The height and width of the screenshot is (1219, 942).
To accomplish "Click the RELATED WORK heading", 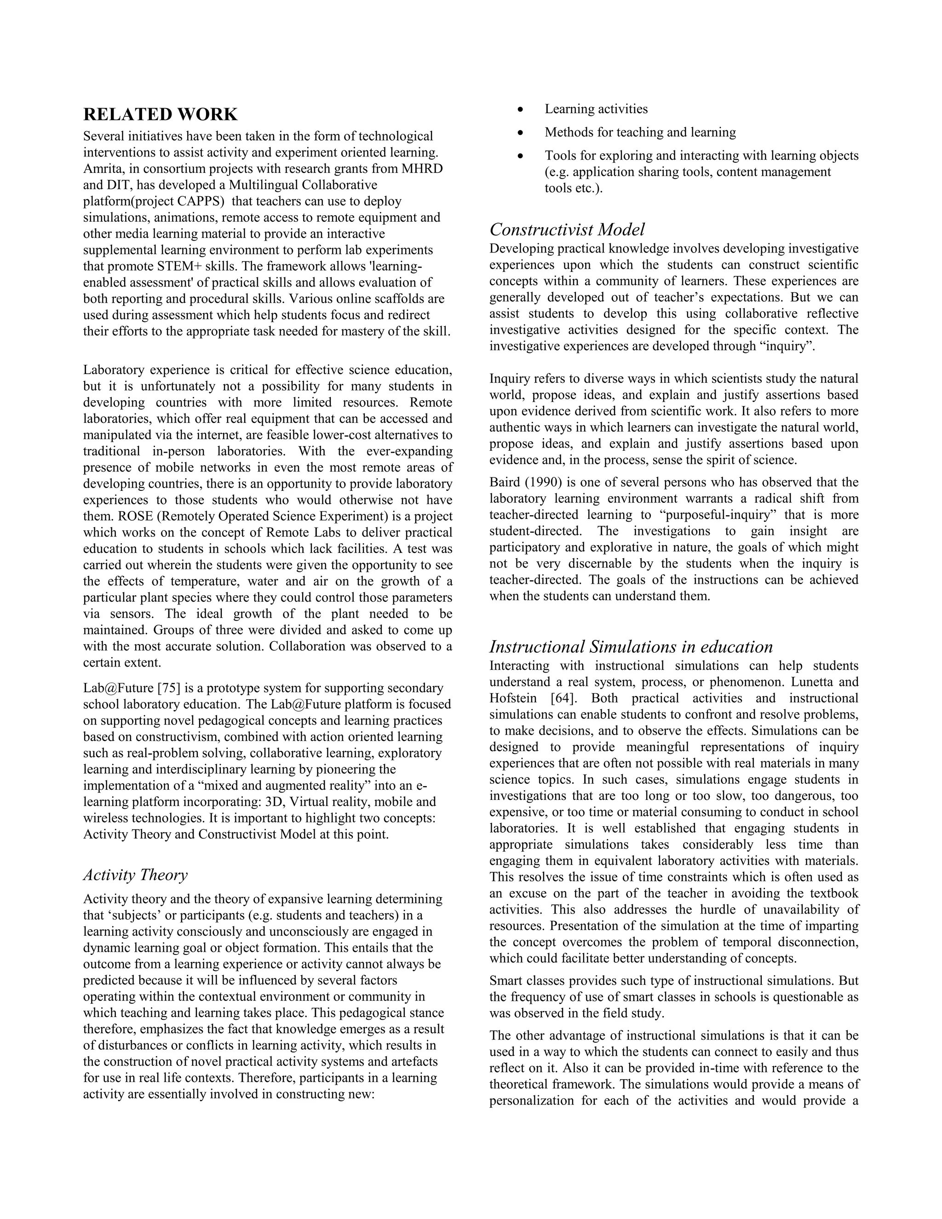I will click(x=160, y=115).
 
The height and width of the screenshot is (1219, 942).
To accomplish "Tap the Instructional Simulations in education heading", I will click(x=631, y=647).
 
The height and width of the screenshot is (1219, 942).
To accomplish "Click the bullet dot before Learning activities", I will click(x=520, y=110).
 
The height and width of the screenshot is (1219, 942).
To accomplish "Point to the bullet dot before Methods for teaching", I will click(x=520, y=133).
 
